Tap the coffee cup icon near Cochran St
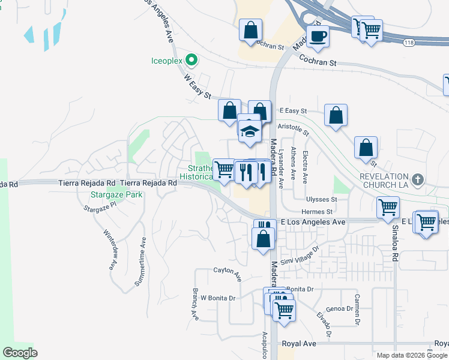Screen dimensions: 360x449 coord(318,36)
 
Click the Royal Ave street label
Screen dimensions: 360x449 coord(299,344)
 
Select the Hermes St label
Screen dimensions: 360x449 coord(317,212)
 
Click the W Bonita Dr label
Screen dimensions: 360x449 coord(217,298)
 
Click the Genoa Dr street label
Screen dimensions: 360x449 coord(340,308)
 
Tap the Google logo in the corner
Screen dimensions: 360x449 coord(20,353)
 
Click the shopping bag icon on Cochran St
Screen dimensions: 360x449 coord(250,30)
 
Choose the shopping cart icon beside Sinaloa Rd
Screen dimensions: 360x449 coord(388,208)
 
